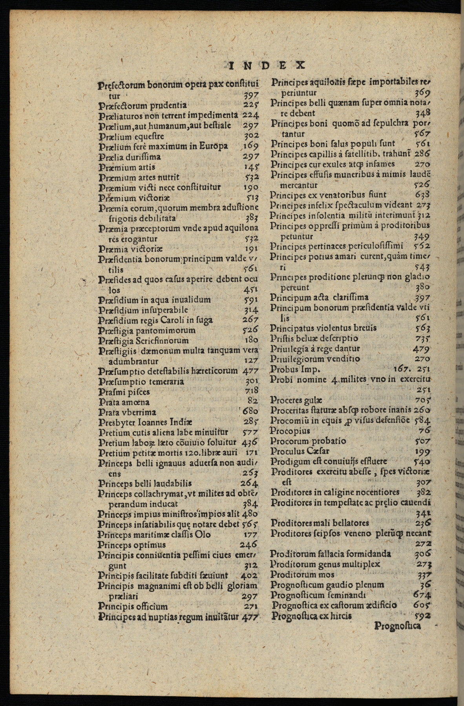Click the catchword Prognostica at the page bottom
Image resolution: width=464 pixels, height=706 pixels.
[398, 625]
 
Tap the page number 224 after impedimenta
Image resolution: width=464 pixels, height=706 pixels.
[250, 115]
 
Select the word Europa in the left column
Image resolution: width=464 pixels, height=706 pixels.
[214, 146]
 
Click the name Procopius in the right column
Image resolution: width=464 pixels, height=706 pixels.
[290, 430]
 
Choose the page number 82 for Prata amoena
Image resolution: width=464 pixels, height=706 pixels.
[253, 401]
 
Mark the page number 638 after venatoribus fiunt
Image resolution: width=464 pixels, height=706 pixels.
[422, 195]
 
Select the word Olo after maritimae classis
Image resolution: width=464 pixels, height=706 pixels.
[203, 535]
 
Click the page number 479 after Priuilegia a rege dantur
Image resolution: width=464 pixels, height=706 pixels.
[421, 349]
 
